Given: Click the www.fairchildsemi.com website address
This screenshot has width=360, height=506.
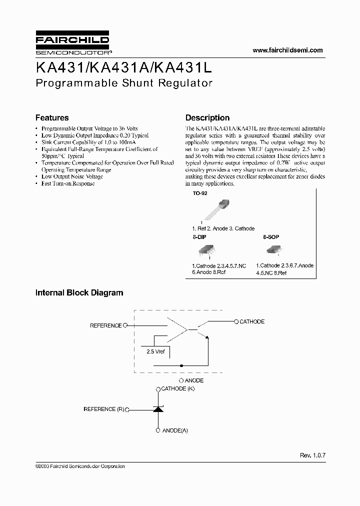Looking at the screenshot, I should pyautogui.click(x=287, y=50).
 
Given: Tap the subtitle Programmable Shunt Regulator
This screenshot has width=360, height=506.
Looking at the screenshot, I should pyautogui.click(x=124, y=83).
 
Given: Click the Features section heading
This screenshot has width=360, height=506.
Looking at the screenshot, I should pyautogui.click(x=52, y=118).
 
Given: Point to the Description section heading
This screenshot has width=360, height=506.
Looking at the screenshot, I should pyautogui.click(x=207, y=118).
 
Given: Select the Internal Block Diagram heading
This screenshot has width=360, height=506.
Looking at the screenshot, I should pyautogui.click(x=79, y=293).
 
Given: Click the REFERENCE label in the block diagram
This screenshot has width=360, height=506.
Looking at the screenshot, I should pyautogui.click(x=105, y=325).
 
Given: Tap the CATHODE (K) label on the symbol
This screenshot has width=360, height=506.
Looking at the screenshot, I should pyautogui.click(x=177, y=388).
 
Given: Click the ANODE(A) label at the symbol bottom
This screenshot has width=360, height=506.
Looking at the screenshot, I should pyautogui.click(x=174, y=430).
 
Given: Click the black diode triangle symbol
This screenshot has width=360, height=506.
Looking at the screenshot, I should pyautogui.click(x=158, y=409).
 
